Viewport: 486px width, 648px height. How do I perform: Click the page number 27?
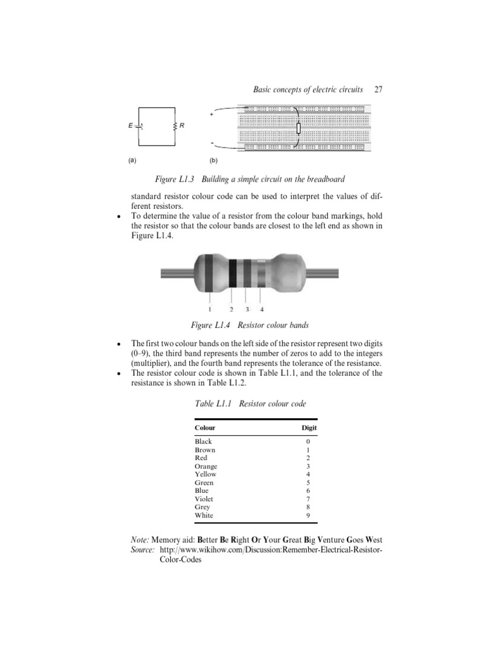point(379,90)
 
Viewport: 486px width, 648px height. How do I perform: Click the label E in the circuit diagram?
point(130,126)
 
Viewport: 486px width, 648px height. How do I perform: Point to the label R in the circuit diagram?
point(182,126)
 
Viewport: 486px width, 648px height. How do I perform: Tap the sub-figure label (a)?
point(132,160)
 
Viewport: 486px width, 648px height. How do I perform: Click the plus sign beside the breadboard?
point(211,114)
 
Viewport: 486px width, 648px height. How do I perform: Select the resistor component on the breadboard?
point(298,129)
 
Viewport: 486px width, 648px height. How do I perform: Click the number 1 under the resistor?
point(209,309)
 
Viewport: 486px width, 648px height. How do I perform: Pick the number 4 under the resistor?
point(262,309)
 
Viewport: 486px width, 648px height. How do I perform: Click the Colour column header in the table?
point(205,428)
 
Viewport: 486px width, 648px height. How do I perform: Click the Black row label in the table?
point(204,441)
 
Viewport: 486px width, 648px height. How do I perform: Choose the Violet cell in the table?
point(204,499)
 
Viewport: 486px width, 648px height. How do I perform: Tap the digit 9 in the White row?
point(308,515)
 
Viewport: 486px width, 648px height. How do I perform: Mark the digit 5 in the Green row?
point(308,482)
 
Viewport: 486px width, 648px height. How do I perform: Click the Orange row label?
point(206,466)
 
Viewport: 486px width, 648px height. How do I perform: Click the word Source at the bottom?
point(142,551)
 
